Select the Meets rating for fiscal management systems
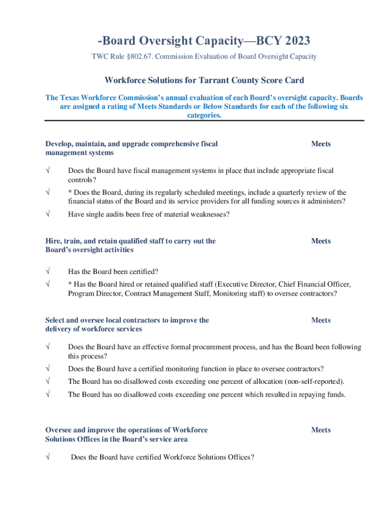(321, 144)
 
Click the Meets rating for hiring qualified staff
(321, 241)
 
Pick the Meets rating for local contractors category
(321, 320)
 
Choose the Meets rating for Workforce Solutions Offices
(321, 430)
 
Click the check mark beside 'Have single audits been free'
(48, 214)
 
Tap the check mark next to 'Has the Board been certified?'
(48, 272)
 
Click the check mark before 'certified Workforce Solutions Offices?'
(48, 457)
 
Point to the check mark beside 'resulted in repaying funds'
(48, 394)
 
